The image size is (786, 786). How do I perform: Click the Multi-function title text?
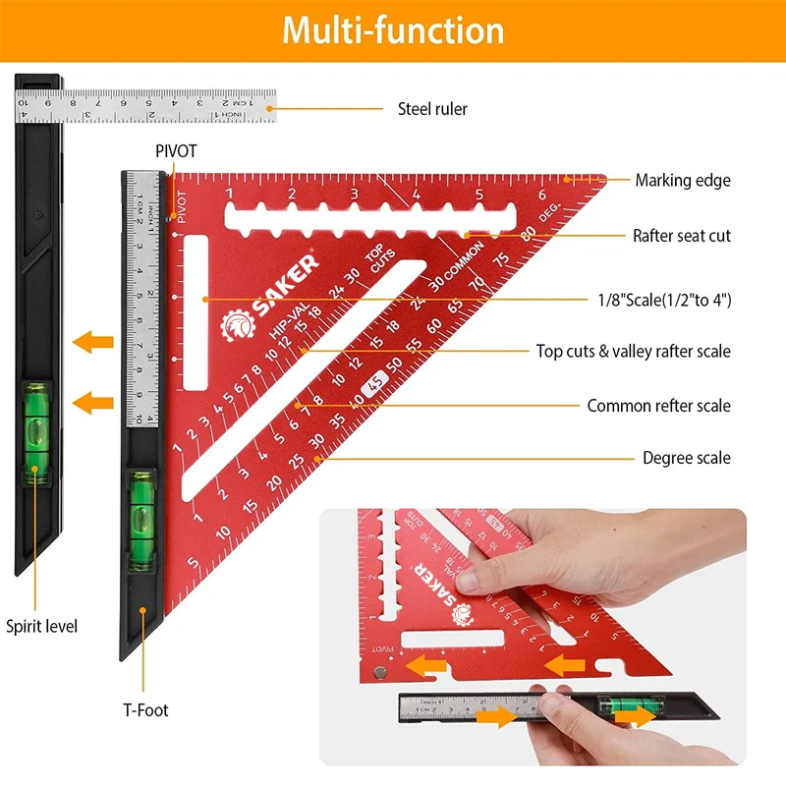393,30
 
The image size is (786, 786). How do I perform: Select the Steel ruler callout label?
432,109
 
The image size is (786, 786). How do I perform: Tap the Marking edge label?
682,180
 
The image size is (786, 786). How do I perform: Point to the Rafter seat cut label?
681,236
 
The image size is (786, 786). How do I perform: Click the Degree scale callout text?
686,458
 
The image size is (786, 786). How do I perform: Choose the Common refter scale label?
658,406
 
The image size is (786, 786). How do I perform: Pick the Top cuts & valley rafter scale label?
633,351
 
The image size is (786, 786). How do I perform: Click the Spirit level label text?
41,626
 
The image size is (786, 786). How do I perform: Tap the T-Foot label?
145,708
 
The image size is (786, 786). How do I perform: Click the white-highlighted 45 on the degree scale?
373,386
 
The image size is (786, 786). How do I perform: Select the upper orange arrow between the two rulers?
94,343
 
